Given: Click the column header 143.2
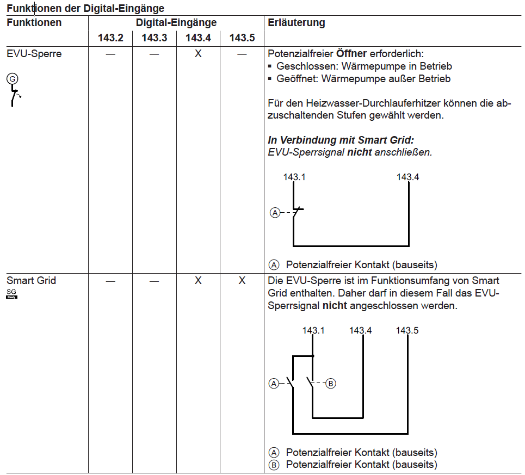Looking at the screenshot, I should (110, 38).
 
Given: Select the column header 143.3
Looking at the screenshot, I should (155, 38).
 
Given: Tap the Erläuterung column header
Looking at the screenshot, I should (297, 23).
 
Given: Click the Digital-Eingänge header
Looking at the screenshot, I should (176, 23).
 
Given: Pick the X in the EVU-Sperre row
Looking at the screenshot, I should (198, 54).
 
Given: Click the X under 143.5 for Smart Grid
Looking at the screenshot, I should (242, 281).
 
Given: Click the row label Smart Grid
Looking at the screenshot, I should (31, 281).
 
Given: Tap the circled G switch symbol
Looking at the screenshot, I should (11, 79).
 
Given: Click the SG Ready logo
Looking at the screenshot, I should (11, 294).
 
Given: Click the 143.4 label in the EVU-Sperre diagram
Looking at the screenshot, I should (408, 177).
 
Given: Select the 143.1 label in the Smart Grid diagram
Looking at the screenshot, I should (313, 330).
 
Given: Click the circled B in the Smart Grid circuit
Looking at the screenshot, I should (331, 384).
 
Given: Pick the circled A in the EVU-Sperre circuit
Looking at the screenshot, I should (275, 213).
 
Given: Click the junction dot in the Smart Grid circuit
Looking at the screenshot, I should (313, 356).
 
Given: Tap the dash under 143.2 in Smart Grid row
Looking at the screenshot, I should (110, 281).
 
